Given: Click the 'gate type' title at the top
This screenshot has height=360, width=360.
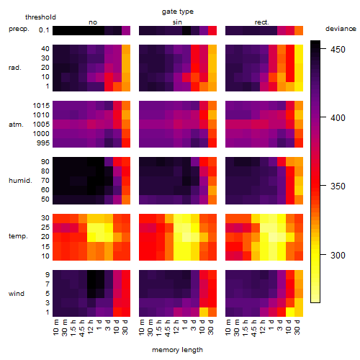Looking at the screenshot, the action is [x=178, y=12].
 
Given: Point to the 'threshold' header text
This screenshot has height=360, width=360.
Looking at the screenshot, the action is [x=40, y=17].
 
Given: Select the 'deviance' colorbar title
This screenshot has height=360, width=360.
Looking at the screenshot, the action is [x=341, y=29].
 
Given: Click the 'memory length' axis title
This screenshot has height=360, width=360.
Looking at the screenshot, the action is [x=177, y=350].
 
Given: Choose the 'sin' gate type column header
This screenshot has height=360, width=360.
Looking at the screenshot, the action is [x=177, y=22].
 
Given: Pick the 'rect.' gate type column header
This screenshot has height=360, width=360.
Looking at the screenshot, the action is [x=261, y=22].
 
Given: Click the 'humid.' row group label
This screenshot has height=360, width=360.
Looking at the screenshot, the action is [x=20, y=181].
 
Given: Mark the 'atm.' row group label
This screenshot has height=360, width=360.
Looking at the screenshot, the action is [x=16, y=125].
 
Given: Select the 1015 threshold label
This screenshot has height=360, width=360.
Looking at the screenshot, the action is [x=41, y=106].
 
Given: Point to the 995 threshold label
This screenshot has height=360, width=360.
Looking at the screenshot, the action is [x=43, y=143].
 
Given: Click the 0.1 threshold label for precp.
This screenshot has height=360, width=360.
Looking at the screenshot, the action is [x=44, y=30].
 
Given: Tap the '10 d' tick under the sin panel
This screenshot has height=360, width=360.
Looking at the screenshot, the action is [x=202, y=327].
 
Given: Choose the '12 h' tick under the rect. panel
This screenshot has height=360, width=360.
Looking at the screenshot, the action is [x=263, y=327].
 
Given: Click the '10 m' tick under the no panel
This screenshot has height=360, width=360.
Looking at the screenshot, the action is [x=55, y=328].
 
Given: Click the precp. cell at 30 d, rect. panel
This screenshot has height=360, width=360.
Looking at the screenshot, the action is [x=299, y=30].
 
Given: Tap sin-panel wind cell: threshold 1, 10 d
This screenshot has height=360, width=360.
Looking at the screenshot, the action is [x=204, y=312].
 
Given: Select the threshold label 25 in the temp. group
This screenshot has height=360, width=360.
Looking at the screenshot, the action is [x=45, y=228].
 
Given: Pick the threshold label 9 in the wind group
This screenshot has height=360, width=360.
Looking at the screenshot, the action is [x=48, y=275].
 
